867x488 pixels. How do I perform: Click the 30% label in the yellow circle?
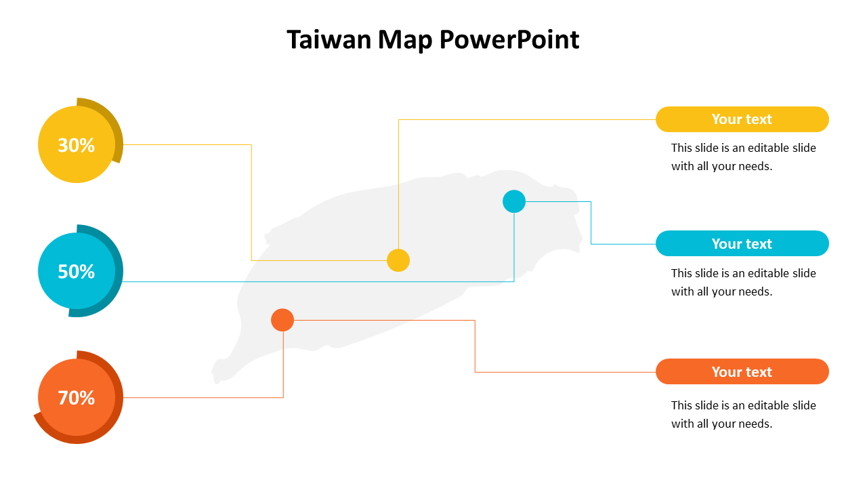point(76,145)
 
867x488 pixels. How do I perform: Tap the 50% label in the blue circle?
point(76,272)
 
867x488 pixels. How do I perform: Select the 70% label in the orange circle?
point(76,398)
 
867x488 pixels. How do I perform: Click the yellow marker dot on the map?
point(398,260)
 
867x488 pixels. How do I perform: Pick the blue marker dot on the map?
point(514,201)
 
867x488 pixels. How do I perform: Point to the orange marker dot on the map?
point(282,320)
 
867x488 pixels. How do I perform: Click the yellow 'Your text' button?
point(742,119)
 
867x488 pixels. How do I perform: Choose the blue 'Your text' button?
point(742,243)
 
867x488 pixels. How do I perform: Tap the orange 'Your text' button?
point(742,371)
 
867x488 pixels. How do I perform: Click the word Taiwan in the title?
point(329,40)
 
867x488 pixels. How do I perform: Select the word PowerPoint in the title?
point(509,40)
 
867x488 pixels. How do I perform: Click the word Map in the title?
point(405,40)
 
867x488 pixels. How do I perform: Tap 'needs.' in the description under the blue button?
point(756,291)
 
